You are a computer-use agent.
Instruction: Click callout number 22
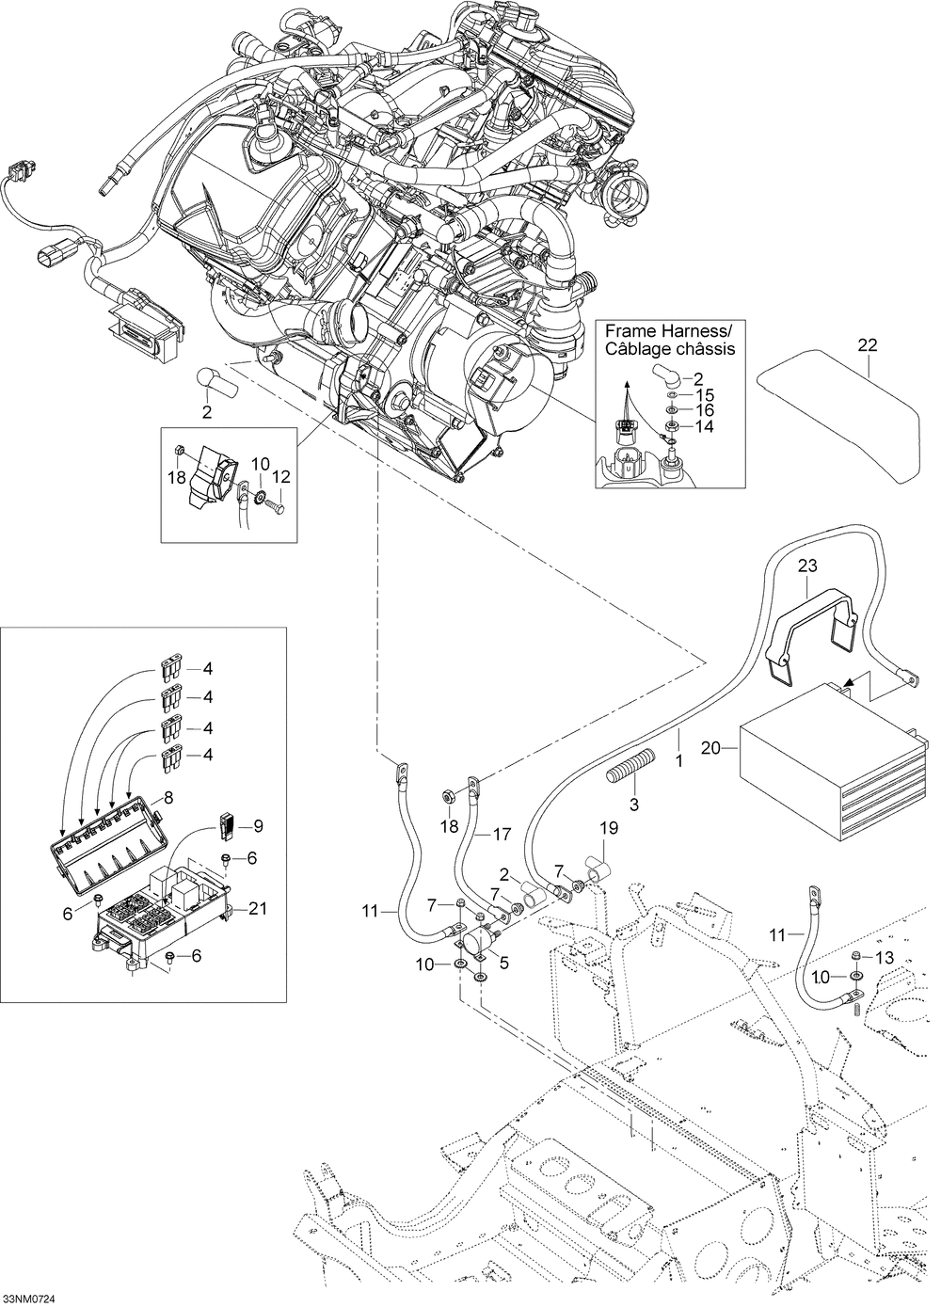pos(868,344)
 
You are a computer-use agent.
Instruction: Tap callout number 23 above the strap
pos(808,566)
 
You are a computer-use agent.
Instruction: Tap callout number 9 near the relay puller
pos(258,826)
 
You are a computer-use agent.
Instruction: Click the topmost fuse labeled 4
pos(169,669)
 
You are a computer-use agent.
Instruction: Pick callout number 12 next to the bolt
pos(280,477)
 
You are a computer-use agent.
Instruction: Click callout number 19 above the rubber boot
pos(609,828)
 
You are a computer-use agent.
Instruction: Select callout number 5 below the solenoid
pos(504,963)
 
